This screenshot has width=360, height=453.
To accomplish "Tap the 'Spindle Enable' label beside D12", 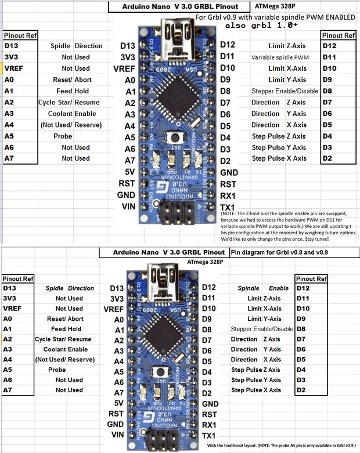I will point(263,288).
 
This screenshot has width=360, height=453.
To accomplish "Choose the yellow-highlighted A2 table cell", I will point(8,339).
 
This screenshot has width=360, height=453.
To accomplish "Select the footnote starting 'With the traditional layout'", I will point(282,445).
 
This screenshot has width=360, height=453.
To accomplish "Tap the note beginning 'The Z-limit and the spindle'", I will point(287,226).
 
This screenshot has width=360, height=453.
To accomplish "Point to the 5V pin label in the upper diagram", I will point(129,172).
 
